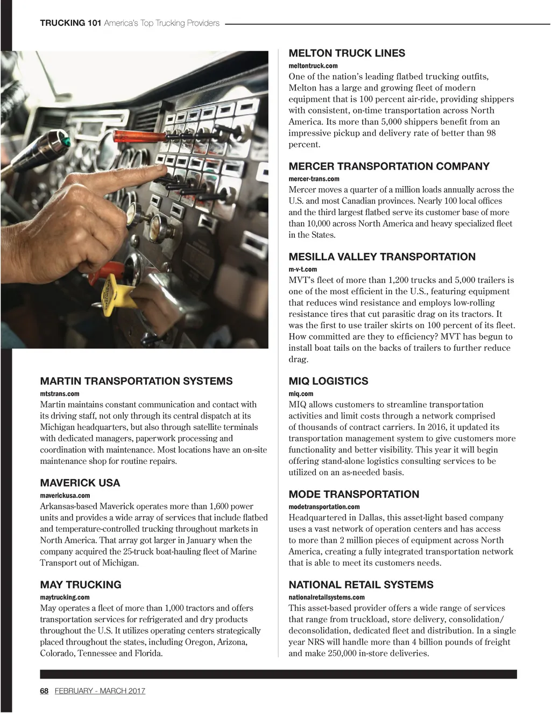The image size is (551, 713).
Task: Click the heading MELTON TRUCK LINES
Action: tap(347, 53)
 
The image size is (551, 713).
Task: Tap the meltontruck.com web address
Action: tap(313, 66)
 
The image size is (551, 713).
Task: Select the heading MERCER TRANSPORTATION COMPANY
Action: tap(389, 166)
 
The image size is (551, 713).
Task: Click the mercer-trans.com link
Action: tap(314, 179)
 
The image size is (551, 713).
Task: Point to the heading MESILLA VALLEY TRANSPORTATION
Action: tap(382, 257)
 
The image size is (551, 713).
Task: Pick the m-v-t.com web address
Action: tap(302, 269)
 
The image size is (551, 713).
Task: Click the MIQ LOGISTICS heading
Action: tap(328, 381)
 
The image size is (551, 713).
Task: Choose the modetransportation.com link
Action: tap(324, 507)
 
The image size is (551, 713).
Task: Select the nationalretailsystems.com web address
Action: tap(326, 597)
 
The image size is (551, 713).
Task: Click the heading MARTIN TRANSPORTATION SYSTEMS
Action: tap(136, 381)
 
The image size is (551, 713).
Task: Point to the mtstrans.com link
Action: tap(60, 394)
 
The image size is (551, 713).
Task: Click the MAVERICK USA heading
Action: tap(80, 483)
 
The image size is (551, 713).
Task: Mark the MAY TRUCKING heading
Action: tap(81, 584)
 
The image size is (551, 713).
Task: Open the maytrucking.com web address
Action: tap(65, 597)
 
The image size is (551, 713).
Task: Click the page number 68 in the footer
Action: tap(44, 691)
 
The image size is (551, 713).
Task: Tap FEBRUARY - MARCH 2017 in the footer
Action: tap(100, 691)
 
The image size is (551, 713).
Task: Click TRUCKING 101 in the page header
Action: tap(70, 23)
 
